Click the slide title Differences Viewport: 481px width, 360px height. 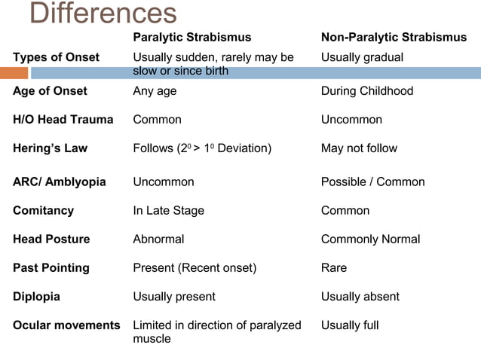tap(103, 13)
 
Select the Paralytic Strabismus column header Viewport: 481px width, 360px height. tap(191, 37)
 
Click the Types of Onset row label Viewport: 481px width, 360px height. tap(56, 57)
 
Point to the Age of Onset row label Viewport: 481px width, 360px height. tap(50, 91)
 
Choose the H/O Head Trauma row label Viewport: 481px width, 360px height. tap(63, 120)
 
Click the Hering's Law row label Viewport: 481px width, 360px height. tap(50, 148)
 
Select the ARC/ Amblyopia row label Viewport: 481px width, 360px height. tap(59, 182)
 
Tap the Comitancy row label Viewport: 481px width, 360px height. tap(44, 211)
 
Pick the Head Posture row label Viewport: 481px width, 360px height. tap(51, 239)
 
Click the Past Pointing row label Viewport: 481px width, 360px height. tap(51, 268)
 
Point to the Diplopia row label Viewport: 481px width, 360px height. tap(37, 297)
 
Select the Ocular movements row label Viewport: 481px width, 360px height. tap(66, 325)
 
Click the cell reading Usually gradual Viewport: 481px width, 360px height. tap(362, 57)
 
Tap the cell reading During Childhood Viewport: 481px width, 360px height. tap(367, 91)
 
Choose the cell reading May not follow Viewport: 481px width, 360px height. tap(359, 148)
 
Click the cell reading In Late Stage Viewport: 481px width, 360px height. tap(168, 211)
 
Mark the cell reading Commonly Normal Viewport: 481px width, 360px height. tap(371, 239)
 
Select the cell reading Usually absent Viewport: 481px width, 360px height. tap(360, 297)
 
